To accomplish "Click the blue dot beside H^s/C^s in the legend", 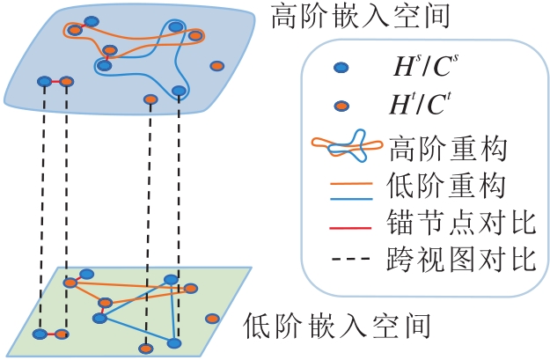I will pos(340,68).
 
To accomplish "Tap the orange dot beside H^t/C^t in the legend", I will pos(340,107).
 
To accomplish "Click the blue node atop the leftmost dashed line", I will pos(43,81).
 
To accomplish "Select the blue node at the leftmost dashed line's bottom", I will pos(40,334).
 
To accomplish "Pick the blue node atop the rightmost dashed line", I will pos(179,91).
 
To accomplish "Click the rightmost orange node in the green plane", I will pos(211,319).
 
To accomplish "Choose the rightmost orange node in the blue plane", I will pos(216,66).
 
